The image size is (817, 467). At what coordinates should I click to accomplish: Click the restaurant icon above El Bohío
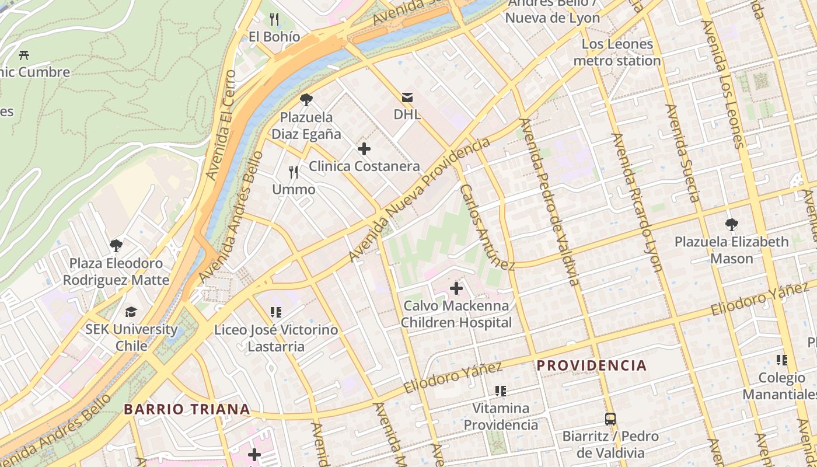pyautogui.click(x=275, y=19)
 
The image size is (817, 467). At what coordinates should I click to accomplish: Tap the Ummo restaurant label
pyautogui.click(x=294, y=189)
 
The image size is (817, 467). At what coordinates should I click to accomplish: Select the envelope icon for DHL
pyautogui.click(x=407, y=97)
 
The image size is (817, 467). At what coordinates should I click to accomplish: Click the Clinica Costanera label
pyautogui.click(x=364, y=166)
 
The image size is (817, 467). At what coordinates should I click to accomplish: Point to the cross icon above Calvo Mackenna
pyautogui.click(x=456, y=288)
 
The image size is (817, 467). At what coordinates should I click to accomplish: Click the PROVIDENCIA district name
pyautogui.click(x=591, y=366)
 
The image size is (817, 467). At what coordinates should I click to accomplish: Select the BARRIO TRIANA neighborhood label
pyautogui.click(x=187, y=409)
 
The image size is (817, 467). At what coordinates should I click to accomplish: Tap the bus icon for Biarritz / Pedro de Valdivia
pyautogui.click(x=610, y=419)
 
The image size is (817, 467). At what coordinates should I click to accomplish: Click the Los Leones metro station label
pyautogui.click(x=617, y=53)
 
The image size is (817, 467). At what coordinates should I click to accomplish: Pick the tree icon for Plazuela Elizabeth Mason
pyautogui.click(x=731, y=224)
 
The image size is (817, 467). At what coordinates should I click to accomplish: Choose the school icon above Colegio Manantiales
pyautogui.click(x=782, y=360)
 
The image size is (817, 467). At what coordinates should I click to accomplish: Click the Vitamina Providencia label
pyautogui.click(x=501, y=416)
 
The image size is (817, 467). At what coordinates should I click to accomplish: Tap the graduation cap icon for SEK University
pyautogui.click(x=131, y=312)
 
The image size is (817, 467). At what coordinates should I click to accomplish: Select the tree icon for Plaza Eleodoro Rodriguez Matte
pyautogui.click(x=116, y=246)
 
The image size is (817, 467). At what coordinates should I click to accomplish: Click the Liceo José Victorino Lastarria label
pyautogui.click(x=276, y=338)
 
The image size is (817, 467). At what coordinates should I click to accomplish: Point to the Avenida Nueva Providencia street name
pyautogui.click(x=419, y=200)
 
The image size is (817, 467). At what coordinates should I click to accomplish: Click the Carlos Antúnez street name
pyautogui.click(x=487, y=228)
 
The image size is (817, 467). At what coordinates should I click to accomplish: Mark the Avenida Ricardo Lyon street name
pyautogui.click(x=637, y=202)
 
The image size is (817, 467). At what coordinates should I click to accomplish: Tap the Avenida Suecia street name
pyautogui.click(x=682, y=153)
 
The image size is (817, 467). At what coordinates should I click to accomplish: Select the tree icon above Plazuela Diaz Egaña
pyautogui.click(x=306, y=100)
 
